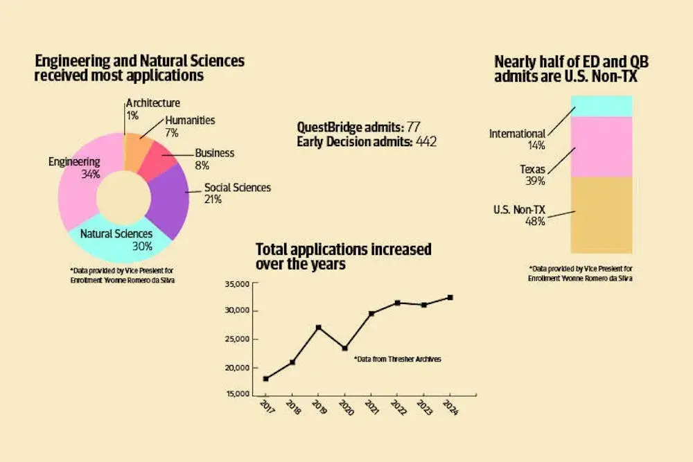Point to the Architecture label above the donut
click(153, 103)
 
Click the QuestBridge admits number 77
click(414, 127)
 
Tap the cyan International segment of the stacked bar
click(602, 106)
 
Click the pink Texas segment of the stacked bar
click(602, 147)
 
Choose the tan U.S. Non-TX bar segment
click(602, 215)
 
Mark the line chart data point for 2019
click(318, 327)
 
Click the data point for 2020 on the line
click(344, 348)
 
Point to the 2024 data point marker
click(450, 297)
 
